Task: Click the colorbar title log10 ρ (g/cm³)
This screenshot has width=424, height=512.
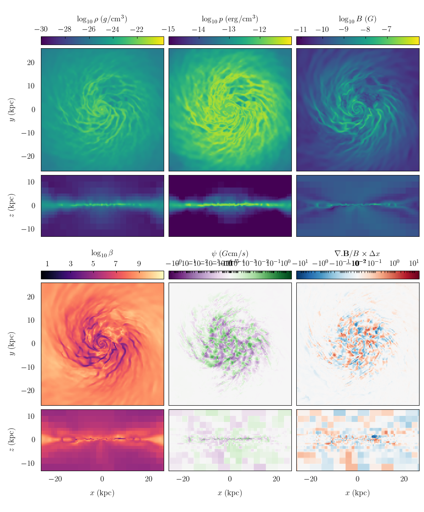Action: click(x=102, y=19)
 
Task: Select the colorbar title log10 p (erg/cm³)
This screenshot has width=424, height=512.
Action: click(x=230, y=19)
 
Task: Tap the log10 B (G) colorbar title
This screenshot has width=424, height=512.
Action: click(x=357, y=19)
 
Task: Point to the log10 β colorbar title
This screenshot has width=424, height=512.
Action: click(x=102, y=253)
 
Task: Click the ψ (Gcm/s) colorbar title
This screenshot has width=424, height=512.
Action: click(x=230, y=253)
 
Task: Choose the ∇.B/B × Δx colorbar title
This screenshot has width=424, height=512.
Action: click(x=357, y=253)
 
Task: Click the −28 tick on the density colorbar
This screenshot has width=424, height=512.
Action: click(x=65, y=29)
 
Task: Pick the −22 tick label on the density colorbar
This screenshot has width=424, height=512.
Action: click(x=137, y=29)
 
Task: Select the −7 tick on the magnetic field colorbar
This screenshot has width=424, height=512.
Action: click(x=387, y=29)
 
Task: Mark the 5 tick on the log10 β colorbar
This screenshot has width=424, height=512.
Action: click(x=93, y=264)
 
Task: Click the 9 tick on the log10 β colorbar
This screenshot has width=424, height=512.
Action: click(x=139, y=264)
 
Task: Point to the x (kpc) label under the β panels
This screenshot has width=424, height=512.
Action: click(x=102, y=493)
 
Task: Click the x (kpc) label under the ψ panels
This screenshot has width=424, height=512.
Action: click(x=230, y=493)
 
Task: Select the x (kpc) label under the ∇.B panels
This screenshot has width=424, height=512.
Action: click(x=357, y=493)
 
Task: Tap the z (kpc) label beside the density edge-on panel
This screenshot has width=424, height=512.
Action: click(x=12, y=206)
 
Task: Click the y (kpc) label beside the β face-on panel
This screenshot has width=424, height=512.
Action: click(x=12, y=344)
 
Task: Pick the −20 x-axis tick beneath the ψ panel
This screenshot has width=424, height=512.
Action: click(x=183, y=479)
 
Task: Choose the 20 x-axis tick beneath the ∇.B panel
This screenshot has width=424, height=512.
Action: click(x=404, y=479)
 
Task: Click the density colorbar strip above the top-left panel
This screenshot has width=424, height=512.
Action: click(x=102, y=40)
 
